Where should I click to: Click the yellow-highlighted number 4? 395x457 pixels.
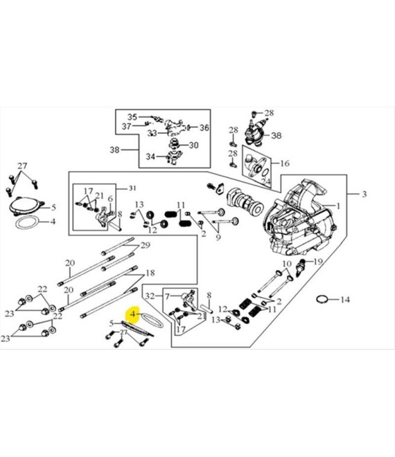click(133, 314)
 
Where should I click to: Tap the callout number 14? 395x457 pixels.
click(345, 299)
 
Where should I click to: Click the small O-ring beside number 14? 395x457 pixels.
click(322, 300)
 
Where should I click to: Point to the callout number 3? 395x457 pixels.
click(364, 194)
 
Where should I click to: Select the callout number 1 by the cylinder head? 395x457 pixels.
click(338, 206)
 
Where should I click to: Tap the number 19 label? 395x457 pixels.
click(317, 262)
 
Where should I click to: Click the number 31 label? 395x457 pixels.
click(132, 188)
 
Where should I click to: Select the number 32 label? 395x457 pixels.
click(150, 296)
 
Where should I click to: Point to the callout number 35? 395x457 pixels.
click(132, 117)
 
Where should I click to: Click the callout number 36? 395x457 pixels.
click(204, 127)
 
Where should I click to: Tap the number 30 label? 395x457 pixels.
click(194, 145)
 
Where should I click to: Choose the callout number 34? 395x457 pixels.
click(150, 156)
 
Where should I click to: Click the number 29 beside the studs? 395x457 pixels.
click(146, 245)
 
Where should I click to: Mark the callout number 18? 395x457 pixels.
click(150, 273)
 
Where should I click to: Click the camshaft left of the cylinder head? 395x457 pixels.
click(245, 201)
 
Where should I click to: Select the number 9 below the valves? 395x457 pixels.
click(218, 238)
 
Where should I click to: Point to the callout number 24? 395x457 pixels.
click(265, 182)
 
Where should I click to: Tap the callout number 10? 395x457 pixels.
click(287, 264)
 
